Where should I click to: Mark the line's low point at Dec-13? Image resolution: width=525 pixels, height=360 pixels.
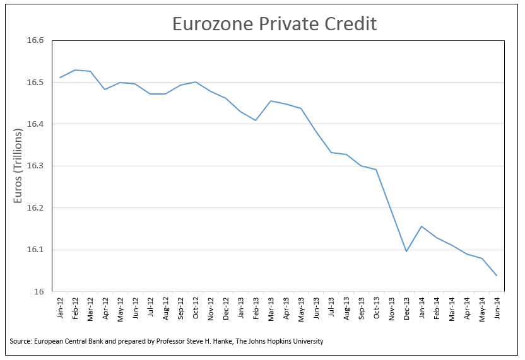click(406, 252)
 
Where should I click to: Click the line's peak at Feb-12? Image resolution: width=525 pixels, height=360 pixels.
click(75, 70)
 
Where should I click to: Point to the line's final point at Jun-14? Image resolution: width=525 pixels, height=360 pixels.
click(497, 276)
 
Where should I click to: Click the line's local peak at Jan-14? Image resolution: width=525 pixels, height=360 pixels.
click(422, 226)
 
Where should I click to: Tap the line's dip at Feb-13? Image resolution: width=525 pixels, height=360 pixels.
click(256, 120)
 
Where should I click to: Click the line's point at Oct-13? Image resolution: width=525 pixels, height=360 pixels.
click(376, 170)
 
